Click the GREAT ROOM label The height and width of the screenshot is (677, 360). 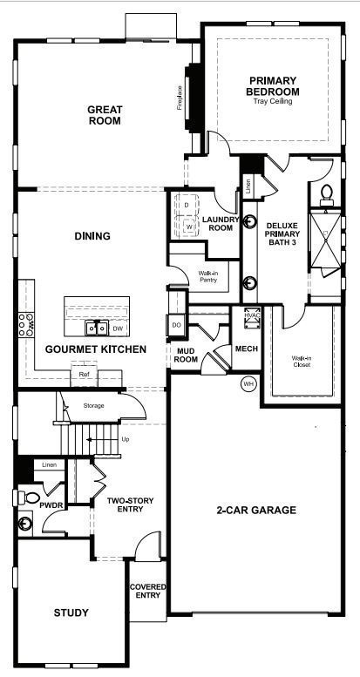104,115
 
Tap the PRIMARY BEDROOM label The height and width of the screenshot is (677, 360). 272,86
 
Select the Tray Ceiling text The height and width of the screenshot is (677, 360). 272,102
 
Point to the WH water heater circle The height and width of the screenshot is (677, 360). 248,384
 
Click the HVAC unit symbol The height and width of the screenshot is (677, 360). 254,319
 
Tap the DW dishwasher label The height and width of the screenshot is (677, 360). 117,328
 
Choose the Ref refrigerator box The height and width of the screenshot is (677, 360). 84,374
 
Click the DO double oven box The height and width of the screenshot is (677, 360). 176,325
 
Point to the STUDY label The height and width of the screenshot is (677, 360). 71,613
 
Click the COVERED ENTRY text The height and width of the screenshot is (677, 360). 147,592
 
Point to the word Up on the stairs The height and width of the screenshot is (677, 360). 126,439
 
